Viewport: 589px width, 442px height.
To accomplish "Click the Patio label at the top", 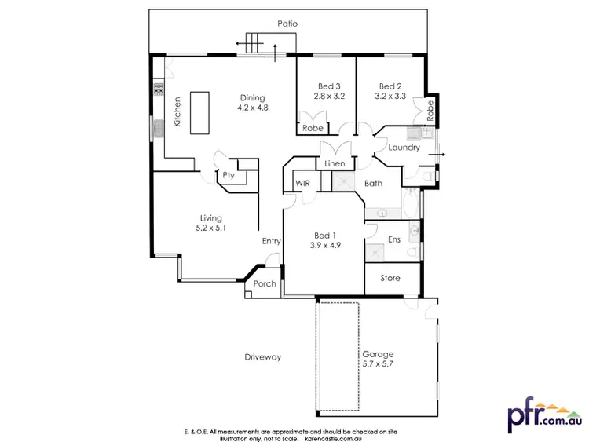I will tap(287, 24).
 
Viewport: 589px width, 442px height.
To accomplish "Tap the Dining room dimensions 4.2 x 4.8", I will tap(253, 108).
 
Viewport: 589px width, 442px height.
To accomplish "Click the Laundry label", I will tap(404, 148).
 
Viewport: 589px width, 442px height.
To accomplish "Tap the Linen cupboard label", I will tap(334, 164).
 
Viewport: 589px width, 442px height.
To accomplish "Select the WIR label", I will tap(303, 183).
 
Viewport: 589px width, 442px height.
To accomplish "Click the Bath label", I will tap(373, 184).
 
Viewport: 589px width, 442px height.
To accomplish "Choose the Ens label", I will tap(394, 239).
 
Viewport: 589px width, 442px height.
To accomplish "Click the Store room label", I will tap(390, 278).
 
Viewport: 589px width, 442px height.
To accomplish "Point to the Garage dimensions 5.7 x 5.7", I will tap(379, 364).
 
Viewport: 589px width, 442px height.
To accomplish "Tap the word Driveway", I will tap(263, 357).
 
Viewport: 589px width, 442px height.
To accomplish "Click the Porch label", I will tap(265, 283).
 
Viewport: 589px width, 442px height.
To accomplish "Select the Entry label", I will tap(272, 242).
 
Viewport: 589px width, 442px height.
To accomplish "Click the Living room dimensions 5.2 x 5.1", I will tap(210, 228).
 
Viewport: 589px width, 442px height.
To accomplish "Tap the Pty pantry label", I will tap(228, 175).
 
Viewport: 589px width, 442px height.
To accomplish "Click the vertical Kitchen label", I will tap(178, 111).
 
